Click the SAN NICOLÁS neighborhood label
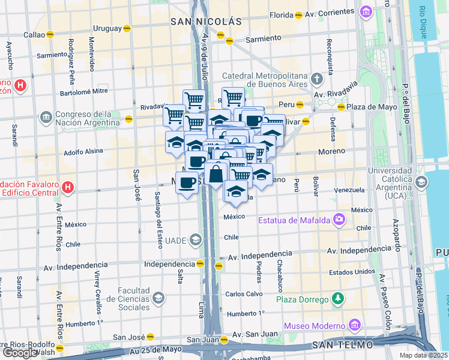(206, 22)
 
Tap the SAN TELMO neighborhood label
(341, 346)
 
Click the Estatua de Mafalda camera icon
(340, 220)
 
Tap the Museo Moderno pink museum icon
(355, 325)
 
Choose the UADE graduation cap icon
(194, 241)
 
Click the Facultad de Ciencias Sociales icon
(158, 298)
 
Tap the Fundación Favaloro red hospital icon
(68, 187)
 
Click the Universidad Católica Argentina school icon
(421, 182)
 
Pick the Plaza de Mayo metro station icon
(341, 107)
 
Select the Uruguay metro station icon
(127, 28)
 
